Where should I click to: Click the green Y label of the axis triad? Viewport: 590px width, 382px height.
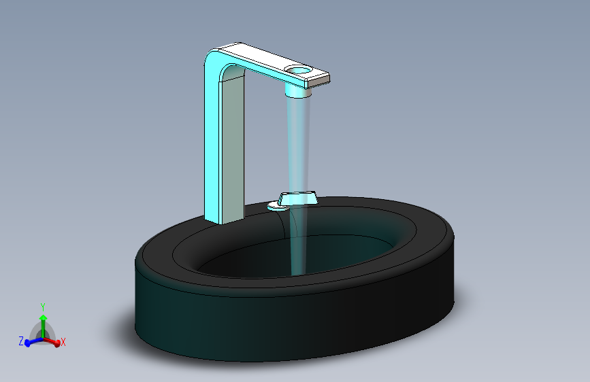(43, 307)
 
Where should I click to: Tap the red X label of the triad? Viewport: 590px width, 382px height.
(63, 342)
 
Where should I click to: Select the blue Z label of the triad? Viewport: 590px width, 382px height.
(21, 341)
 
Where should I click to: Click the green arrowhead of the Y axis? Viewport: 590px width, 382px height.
(44, 318)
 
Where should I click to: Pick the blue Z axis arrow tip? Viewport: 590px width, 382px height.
(27, 343)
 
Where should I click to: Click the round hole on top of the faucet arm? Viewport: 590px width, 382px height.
(298, 69)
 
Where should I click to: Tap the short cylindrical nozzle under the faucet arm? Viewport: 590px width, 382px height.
(298, 90)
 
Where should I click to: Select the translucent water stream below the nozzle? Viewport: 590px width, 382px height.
(299, 184)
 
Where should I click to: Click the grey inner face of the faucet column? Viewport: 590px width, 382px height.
(232, 148)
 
